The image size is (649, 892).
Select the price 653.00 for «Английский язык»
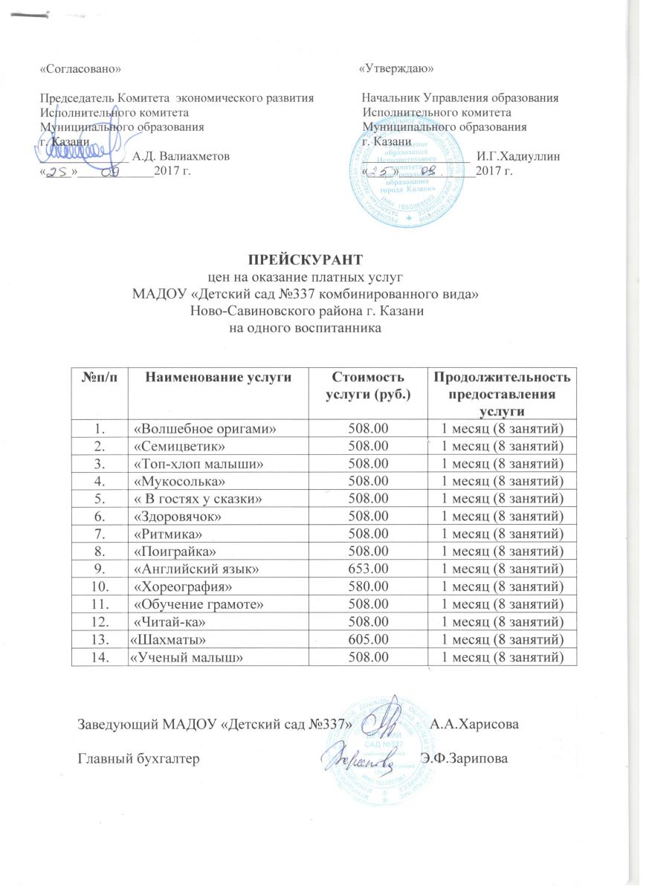[368, 569]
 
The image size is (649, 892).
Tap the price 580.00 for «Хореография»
[368, 586]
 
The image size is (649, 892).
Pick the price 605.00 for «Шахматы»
[368, 639]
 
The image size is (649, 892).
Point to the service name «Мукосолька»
[169, 481]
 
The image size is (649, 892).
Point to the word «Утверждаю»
[396, 68]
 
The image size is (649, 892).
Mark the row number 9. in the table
[100, 569]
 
